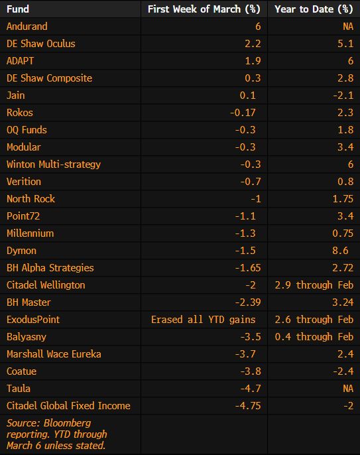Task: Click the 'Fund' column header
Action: pos(18,9)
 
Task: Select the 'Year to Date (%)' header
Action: pos(314,9)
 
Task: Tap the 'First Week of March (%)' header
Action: pos(204,9)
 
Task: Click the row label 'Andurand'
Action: pos(27,27)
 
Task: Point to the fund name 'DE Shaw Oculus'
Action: pos(41,44)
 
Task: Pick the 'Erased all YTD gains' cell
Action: pos(204,320)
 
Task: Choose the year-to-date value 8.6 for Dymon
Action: pos(340,251)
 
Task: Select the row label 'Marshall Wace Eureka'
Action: pos(54,354)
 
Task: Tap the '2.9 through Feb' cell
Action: pos(314,285)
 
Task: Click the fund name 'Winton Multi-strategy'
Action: pos(54,164)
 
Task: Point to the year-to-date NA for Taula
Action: pos(345,389)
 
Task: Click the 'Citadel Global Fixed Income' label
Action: pos(68,406)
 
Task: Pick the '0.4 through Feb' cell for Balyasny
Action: pos(314,337)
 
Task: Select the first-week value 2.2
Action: pos(253,44)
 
